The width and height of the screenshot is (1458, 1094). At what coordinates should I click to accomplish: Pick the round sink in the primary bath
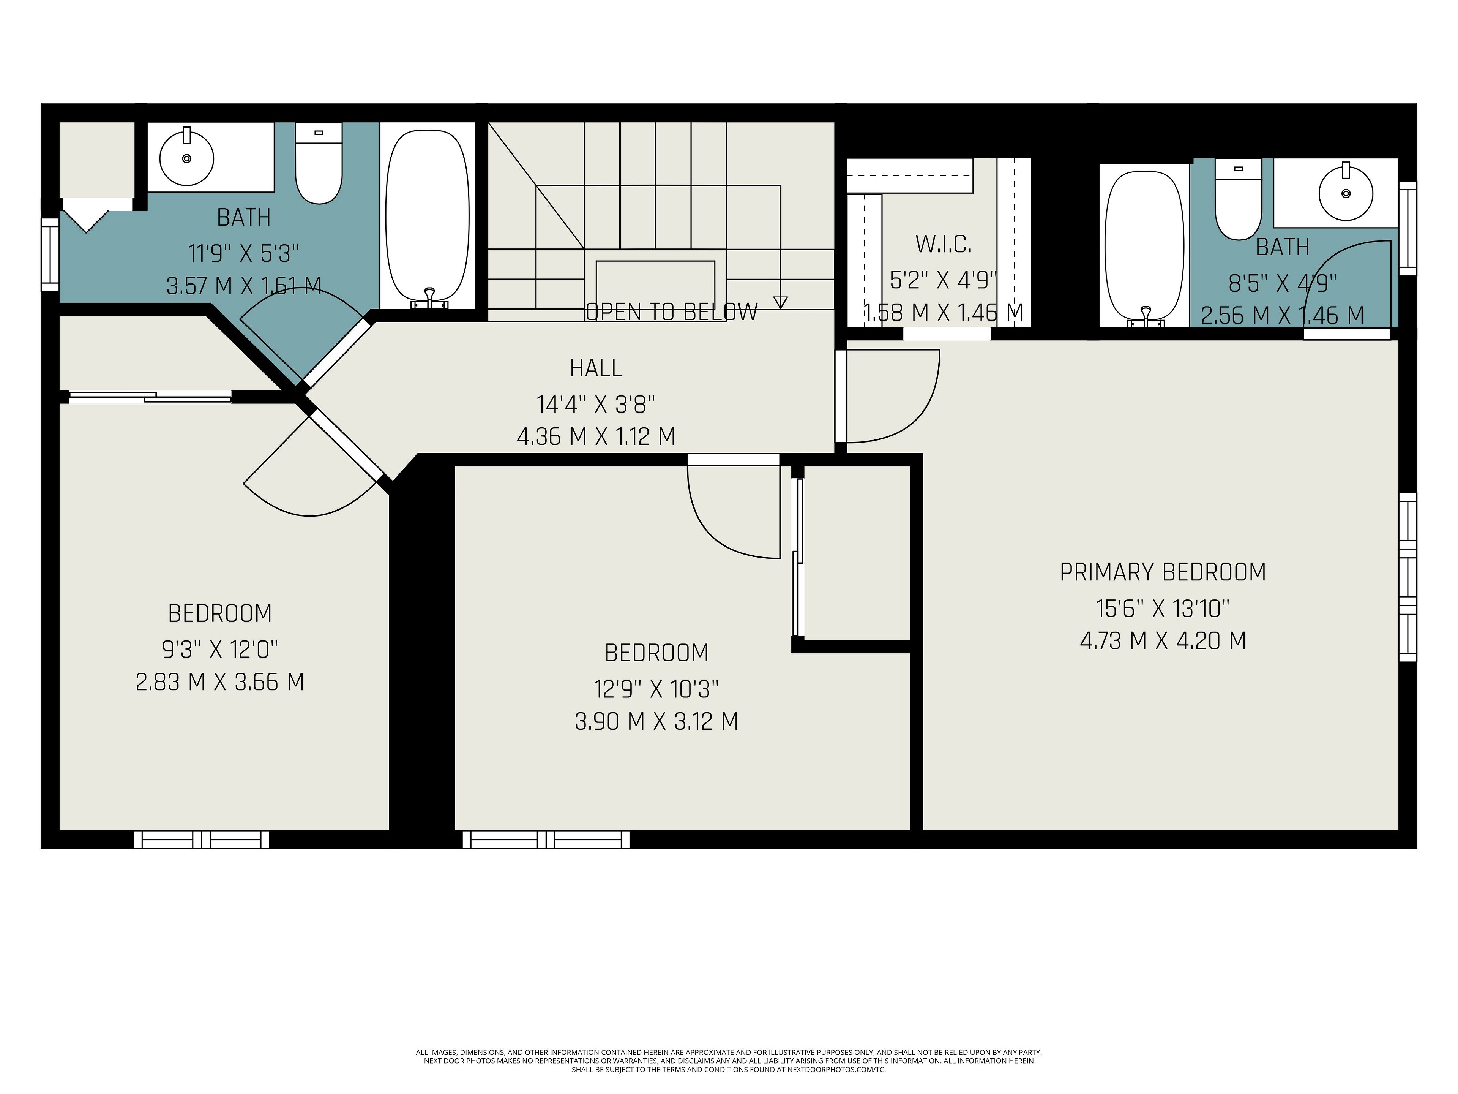click(x=1346, y=193)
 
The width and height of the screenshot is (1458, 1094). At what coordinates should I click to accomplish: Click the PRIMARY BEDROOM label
click(x=1163, y=572)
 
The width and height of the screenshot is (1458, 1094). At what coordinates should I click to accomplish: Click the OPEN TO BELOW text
click(x=672, y=312)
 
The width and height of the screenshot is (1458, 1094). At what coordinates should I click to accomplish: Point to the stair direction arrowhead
click(x=780, y=303)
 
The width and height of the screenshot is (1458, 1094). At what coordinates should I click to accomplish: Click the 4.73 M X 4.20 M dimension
click(x=1163, y=640)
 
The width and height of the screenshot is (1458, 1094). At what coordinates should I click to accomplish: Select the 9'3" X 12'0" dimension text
click(x=220, y=650)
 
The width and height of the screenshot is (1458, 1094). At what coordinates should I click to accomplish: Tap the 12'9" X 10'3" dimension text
click(x=656, y=689)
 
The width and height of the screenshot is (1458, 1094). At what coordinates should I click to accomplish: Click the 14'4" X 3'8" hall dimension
click(x=596, y=403)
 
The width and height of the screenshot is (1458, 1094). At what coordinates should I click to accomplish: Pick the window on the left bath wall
click(x=50, y=255)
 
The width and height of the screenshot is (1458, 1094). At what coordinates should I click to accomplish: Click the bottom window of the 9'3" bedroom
click(x=202, y=839)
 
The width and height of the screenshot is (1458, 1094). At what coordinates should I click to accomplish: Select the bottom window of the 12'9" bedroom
click(x=546, y=839)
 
